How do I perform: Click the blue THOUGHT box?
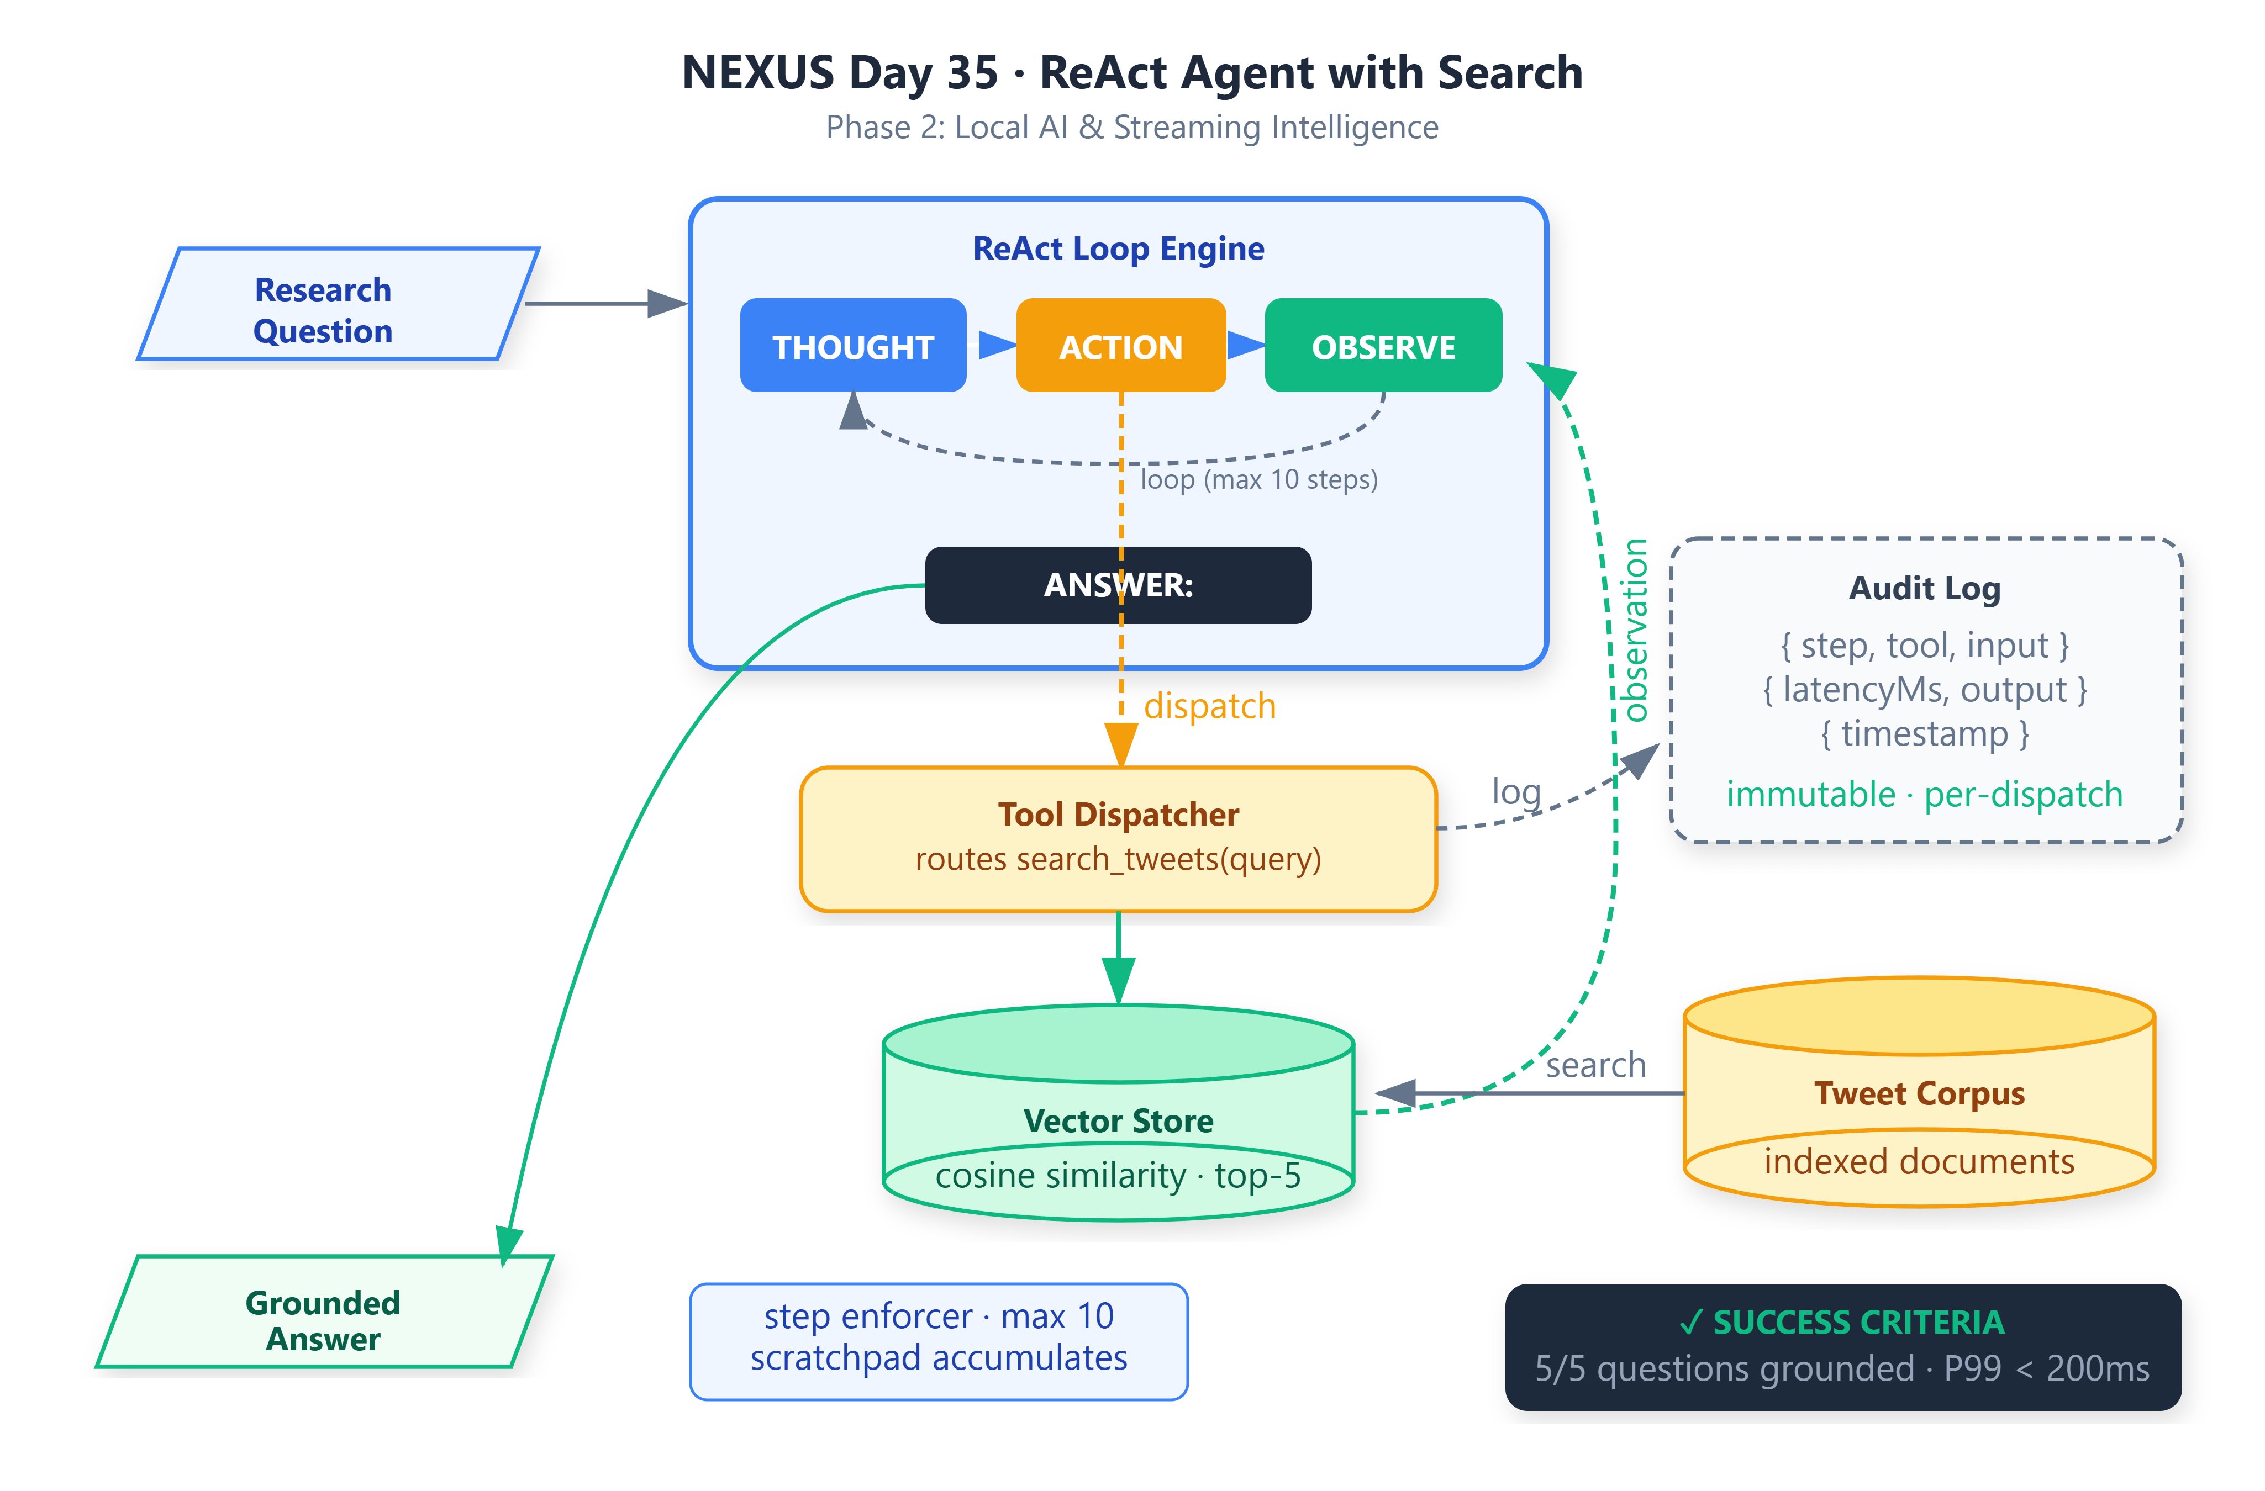coord(853,345)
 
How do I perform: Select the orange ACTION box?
coord(1121,345)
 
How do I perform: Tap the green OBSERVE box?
coord(1383,345)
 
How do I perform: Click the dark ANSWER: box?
coord(1118,585)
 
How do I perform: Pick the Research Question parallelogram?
coord(339,304)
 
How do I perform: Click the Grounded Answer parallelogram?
coord(324,1312)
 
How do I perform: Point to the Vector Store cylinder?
coord(1118,1112)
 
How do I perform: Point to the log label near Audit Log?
coord(1516,792)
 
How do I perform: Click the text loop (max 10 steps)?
coord(1259,479)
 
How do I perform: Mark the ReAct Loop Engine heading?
coord(1118,248)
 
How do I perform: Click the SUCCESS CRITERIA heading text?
coord(1858,1323)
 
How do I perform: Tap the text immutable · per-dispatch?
coord(1924,795)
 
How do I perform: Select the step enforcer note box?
coord(939,1341)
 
